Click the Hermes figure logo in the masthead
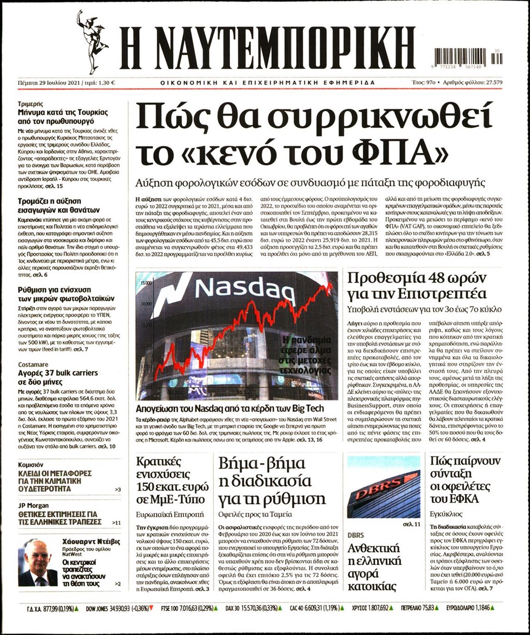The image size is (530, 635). click(x=93, y=41)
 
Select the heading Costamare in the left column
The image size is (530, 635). click(x=33, y=365)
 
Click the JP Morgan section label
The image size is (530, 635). click(x=33, y=506)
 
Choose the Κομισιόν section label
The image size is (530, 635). click(x=31, y=465)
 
